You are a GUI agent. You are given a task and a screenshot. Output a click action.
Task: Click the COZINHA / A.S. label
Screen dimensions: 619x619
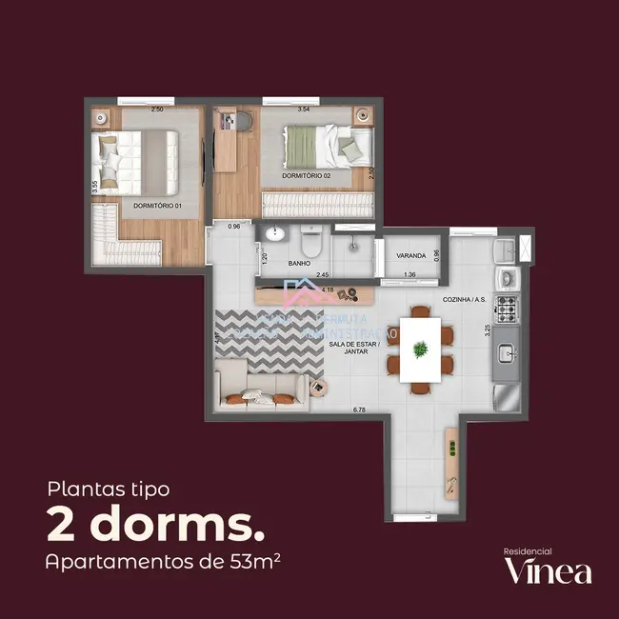(464, 300)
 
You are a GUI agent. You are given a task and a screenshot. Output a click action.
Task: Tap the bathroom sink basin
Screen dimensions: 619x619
(276, 235)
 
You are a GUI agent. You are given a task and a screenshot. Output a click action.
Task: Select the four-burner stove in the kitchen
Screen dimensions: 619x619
(507, 308)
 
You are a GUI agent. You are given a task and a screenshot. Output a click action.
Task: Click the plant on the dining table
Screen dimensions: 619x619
(419, 350)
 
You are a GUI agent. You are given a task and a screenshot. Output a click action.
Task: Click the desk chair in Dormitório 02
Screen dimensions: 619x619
(242, 121)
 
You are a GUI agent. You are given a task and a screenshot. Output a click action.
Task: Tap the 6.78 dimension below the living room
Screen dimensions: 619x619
(359, 410)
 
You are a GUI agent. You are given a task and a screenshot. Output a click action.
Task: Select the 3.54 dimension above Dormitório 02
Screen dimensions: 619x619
(304, 110)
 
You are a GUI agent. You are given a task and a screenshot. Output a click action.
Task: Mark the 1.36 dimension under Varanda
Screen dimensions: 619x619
(409, 275)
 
